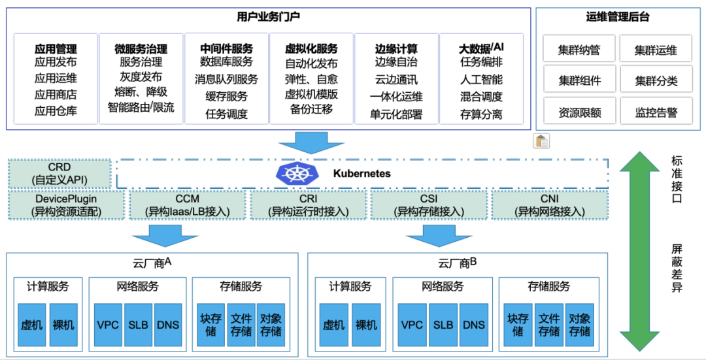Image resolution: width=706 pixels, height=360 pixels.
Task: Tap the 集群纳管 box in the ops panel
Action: pyautogui.click(x=579, y=50)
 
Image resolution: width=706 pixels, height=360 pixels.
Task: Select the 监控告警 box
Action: pyautogui.click(x=656, y=112)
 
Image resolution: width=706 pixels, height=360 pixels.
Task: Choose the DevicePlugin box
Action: pyautogui.click(x=67, y=205)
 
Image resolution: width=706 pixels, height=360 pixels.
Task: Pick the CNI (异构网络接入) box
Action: pyautogui.click(x=548, y=205)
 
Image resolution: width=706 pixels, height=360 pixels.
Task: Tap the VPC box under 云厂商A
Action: pyautogui.click(x=108, y=324)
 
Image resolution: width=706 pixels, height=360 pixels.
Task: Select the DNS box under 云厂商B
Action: pyautogui.click(x=473, y=324)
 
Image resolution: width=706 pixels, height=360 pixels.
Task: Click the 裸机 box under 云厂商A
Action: pyautogui.click(x=63, y=324)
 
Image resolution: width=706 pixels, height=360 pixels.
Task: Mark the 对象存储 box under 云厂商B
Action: pyautogui.click(x=579, y=324)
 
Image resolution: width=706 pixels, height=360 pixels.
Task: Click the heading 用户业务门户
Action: pyautogui.click(x=269, y=16)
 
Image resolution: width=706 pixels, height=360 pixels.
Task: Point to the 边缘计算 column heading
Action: pyautogui.click(x=396, y=48)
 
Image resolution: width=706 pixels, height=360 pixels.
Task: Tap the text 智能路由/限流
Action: pyautogui.click(x=141, y=107)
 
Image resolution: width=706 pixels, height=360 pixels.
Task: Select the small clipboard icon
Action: pyautogui.click(x=541, y=141)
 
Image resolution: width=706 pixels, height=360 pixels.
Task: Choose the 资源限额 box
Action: pyautogui.click(x=579, y=112)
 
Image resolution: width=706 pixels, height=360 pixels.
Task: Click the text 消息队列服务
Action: pyautogui.click(x=226, y=79)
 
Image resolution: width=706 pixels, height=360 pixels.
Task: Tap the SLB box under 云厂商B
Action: pyautogui.click(x=443, y=324)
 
